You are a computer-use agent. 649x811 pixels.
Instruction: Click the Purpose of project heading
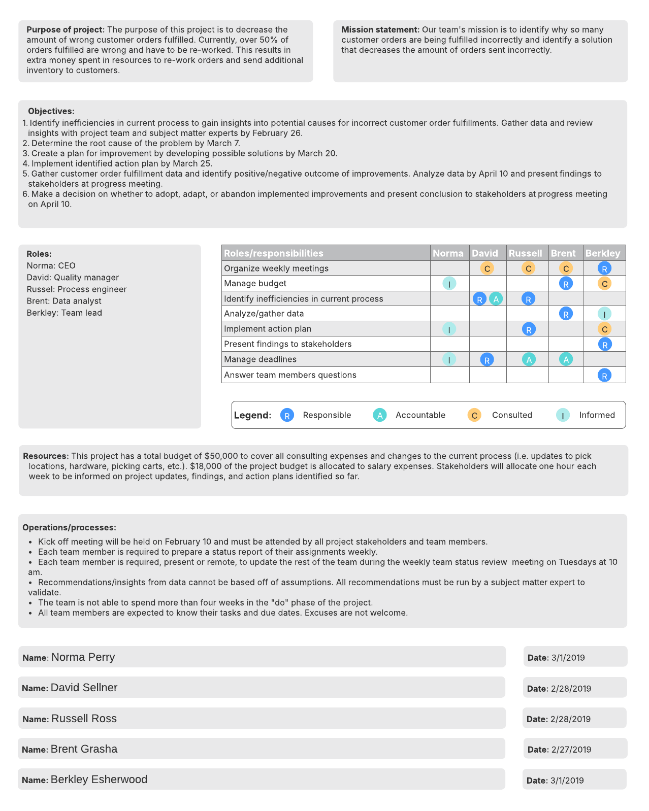(66, 30)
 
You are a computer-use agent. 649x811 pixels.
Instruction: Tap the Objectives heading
(51, 111)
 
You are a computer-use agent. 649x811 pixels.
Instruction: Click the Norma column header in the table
(448, 253)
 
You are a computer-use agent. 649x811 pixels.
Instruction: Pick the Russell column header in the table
(525, 253)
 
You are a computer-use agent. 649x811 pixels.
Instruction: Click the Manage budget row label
(255, 283)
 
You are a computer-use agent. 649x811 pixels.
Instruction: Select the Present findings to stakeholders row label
(287, 344)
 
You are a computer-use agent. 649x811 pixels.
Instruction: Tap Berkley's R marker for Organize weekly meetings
(604, 268)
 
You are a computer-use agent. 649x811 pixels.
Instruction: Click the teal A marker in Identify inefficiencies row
(496, 299)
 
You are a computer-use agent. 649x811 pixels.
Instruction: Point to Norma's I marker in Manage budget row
(449, 284)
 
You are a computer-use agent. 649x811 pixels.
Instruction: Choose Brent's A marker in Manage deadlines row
(566, 359)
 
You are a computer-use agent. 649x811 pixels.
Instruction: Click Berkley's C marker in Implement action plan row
(604, 329)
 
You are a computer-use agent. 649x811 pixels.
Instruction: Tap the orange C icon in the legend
(474, 415)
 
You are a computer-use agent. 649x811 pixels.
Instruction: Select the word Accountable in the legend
(420, 415)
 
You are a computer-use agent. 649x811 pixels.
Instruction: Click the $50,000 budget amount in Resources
(221, 456)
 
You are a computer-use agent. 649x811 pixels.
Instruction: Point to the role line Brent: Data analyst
(64, 301)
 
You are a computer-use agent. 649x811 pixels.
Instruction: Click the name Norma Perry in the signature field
(83, 657)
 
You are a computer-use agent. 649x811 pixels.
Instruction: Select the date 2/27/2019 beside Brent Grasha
(571, 750)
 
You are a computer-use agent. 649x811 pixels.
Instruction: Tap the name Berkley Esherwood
(99, 780)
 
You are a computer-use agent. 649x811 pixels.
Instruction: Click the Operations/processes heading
(69, 528)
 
